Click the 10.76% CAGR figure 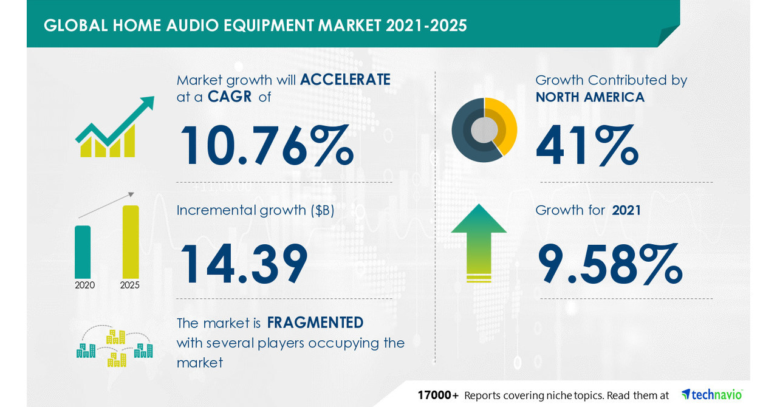[266, 146]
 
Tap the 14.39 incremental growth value [243, 264]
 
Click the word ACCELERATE [345, 80]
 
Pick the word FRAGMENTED [315, 322]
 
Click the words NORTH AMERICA [590, 97]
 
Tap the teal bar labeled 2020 [83, 251]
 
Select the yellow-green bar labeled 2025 [130, 241]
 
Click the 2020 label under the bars [84, 285]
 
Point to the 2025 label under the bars [130, 285]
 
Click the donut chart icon [484, 130]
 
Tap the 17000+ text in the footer [438, 395]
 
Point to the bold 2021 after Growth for [627, 210]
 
